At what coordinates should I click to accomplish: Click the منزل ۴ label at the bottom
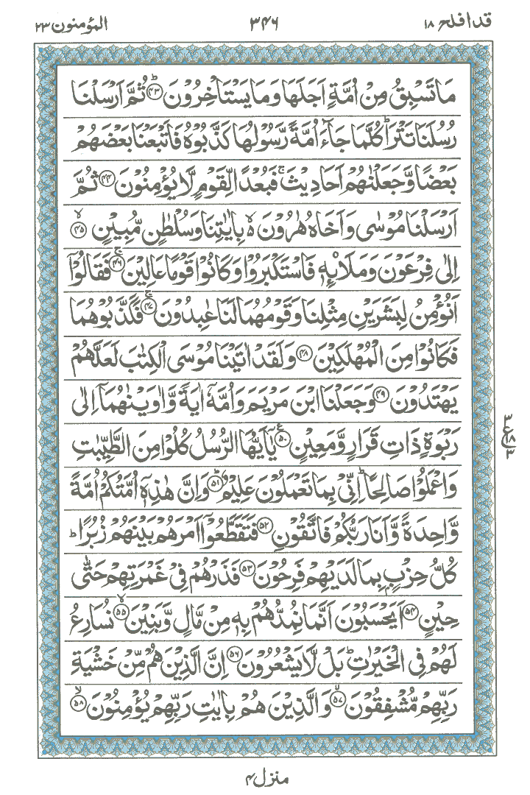(265, 774)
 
